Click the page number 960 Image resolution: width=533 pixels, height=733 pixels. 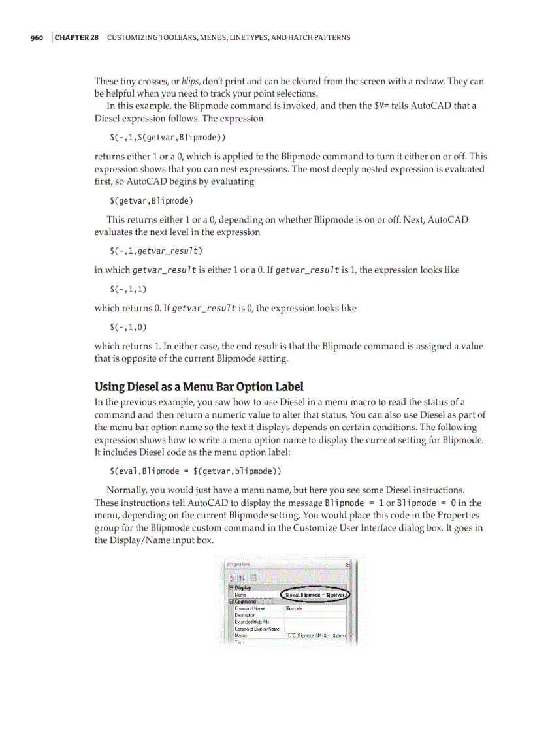(x=37, y=37)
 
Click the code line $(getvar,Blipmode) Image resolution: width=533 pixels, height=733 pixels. (x=151, y=200)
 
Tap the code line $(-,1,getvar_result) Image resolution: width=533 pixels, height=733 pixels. (x=155, y=251)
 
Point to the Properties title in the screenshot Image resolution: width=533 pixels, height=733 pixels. (x=239, y=564)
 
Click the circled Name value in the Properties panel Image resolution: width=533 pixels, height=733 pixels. (x=317, y=595)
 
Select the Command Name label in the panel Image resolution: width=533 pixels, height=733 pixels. (x=248, y=608)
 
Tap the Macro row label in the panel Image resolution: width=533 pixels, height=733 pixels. (x=240, y=635)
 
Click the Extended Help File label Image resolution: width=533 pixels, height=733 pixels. (x=251, y=622)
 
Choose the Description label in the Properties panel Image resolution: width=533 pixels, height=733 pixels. (x=245, y=615)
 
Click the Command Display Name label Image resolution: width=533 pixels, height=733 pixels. (x=257, y=629)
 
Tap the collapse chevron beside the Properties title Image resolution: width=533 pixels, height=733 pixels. (x=346, y=564)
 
